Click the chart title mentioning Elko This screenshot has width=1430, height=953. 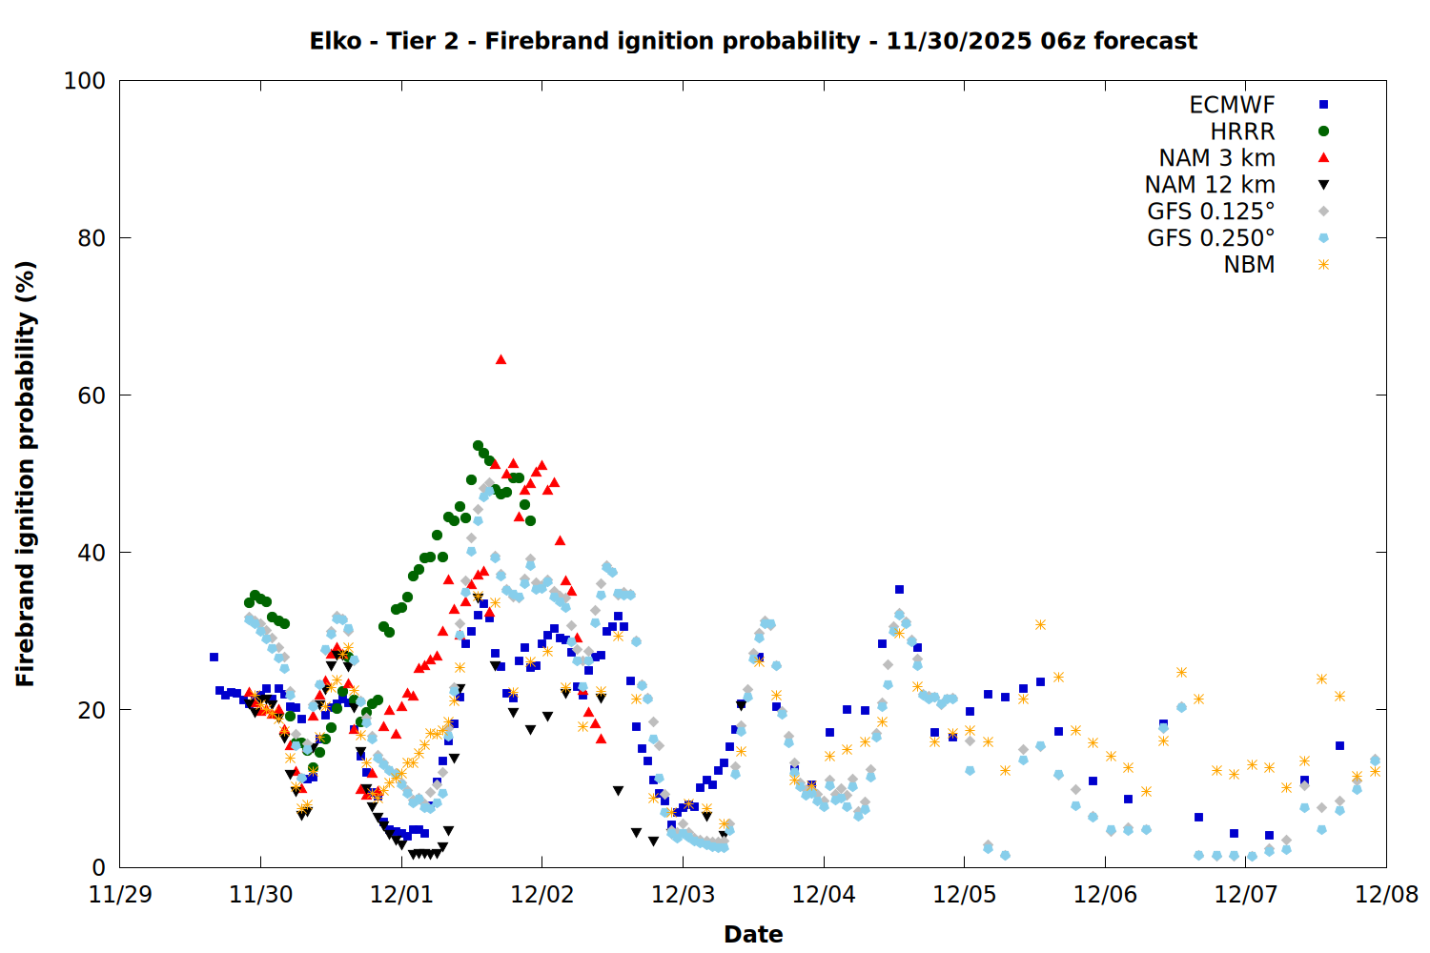[753, 41]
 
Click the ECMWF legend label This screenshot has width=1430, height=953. [1232, 105]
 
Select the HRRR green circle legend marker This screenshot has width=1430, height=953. [1323, 132]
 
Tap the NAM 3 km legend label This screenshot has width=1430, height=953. [1216, 158]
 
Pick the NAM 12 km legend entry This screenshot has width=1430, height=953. [1210, 185]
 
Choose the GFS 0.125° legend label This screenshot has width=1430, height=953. [1211, 212]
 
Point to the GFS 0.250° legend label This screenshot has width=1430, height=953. [1211, 238]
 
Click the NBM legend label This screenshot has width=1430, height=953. [1249, 265]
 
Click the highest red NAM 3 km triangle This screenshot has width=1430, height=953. [500, 359]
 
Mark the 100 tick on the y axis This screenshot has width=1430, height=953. [85, 81]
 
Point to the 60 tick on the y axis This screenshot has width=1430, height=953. [92, 395]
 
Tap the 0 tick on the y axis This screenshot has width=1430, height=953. [98, 867]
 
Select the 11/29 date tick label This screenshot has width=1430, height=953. [120, 895]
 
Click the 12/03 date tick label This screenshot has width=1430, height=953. [683, 895]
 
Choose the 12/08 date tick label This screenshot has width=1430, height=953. [1386, 895]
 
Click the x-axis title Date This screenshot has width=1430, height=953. [753, 934]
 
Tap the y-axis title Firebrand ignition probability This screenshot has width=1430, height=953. [26, 474]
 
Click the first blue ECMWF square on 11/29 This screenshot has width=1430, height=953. [214, 657]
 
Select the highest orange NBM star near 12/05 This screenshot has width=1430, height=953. [1040, 624]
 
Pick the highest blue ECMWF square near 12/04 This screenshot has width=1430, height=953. [899, 589]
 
